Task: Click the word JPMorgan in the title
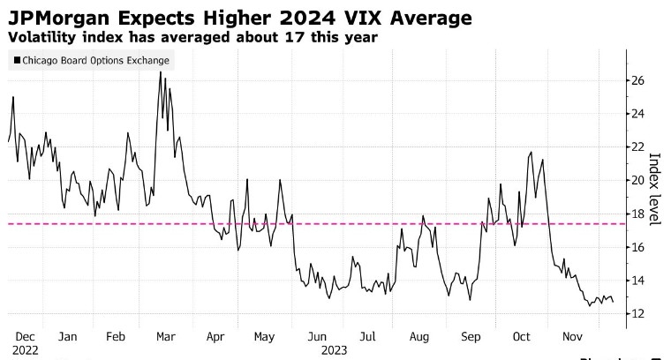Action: click(58, 18)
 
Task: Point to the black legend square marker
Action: click(18, 61)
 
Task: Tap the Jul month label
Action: click(367, 336)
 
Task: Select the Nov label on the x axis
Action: click(572, 336)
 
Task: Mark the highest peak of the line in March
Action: click(161, 71)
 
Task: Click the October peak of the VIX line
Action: click(530, 153)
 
